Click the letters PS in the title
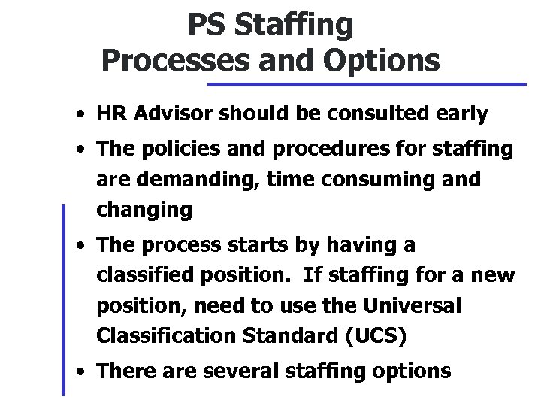point(204,26)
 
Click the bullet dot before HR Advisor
point(79,116)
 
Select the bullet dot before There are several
point(79,371)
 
